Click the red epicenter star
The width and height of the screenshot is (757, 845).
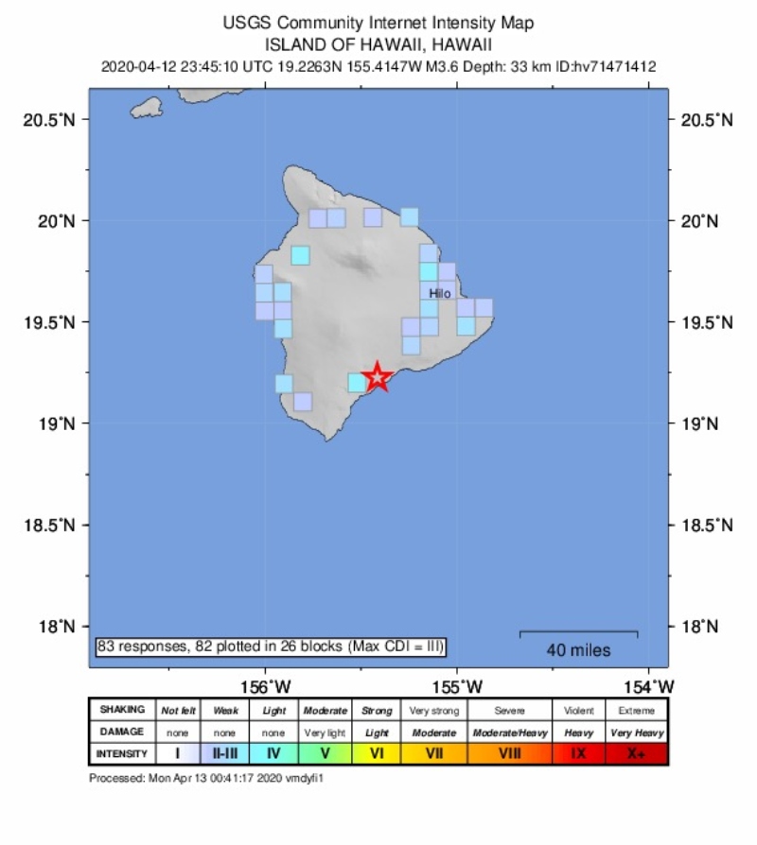click(x=378, y=376)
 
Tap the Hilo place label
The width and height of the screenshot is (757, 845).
click(x=440, y=294)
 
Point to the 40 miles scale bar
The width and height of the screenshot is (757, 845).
click(x=578, y=634)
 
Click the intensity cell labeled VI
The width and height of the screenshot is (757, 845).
click(x=376, y=753)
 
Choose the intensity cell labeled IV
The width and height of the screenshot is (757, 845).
click(x=273, y=753)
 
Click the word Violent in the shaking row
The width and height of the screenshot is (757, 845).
click(x=578, y=710)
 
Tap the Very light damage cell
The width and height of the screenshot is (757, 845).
click(x=325, y=733)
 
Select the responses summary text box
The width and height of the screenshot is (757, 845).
click(x=271, y=647)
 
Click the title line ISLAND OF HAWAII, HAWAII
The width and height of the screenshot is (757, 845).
click(x=378, y=43)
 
